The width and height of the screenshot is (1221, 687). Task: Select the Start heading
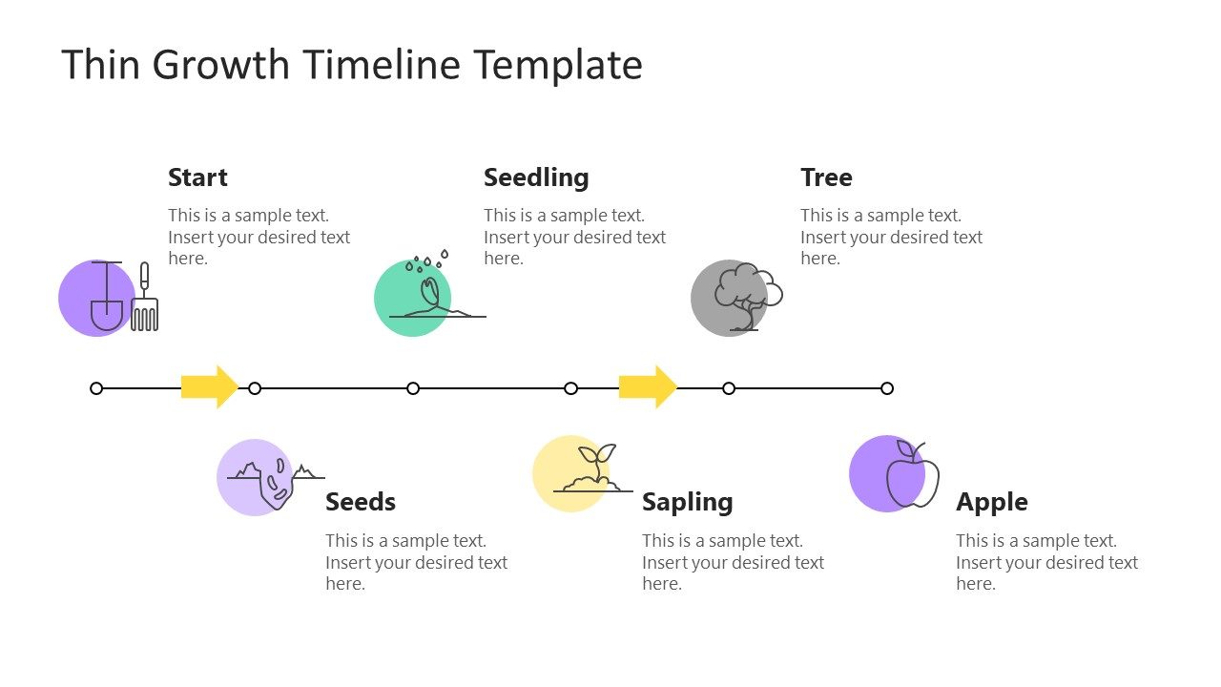coord(197,177)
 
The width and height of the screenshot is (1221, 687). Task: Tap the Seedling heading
coord(536,177)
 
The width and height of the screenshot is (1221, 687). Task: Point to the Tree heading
coord(826,177)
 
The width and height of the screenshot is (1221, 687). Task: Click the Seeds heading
coord(361,502)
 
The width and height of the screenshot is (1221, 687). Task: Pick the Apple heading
coord(992,502)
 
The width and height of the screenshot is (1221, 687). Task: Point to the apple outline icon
coord(913,476)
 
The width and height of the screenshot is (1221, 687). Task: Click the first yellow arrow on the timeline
coord(209,386)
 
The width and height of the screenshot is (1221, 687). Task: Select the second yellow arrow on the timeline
coord(648,386)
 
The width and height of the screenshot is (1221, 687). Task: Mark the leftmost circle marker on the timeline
coord(96,388)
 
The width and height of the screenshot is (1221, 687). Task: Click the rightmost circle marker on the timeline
coord(887,388)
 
